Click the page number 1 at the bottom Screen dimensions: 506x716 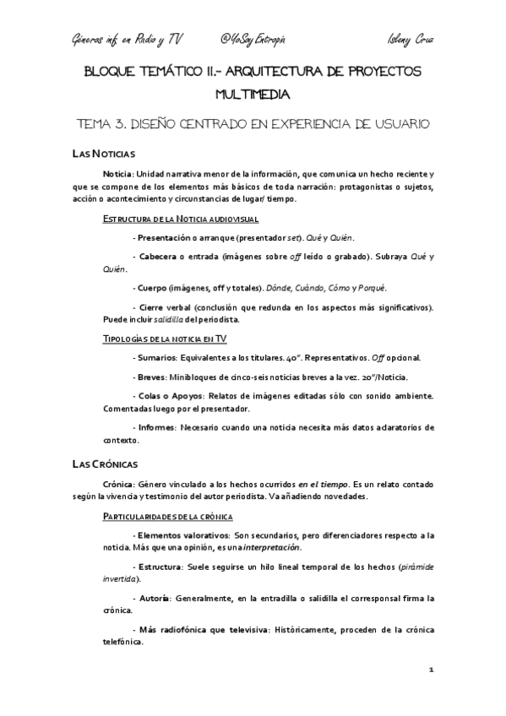pyautogui.click(x=431, y=670)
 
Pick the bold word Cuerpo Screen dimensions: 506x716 pyautogui.click(x=157, y=288)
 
